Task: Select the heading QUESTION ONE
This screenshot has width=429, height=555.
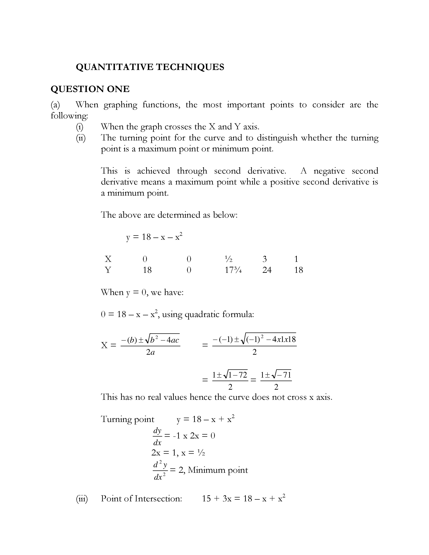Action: [90, 89]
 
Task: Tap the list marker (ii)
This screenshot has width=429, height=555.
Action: [81, 138]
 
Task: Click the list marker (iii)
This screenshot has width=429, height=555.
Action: [82, 499]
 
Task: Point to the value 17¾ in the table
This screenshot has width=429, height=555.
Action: [233, 270]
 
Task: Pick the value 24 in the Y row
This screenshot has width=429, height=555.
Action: [267, 270]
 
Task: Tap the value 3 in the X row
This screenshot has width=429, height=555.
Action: [265, 259]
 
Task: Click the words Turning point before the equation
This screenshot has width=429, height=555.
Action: [128, 419]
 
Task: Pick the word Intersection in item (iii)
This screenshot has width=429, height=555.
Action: [158, 499]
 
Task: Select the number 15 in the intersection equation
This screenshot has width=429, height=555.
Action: [206, 499]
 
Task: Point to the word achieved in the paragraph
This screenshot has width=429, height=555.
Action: [153, 171]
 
